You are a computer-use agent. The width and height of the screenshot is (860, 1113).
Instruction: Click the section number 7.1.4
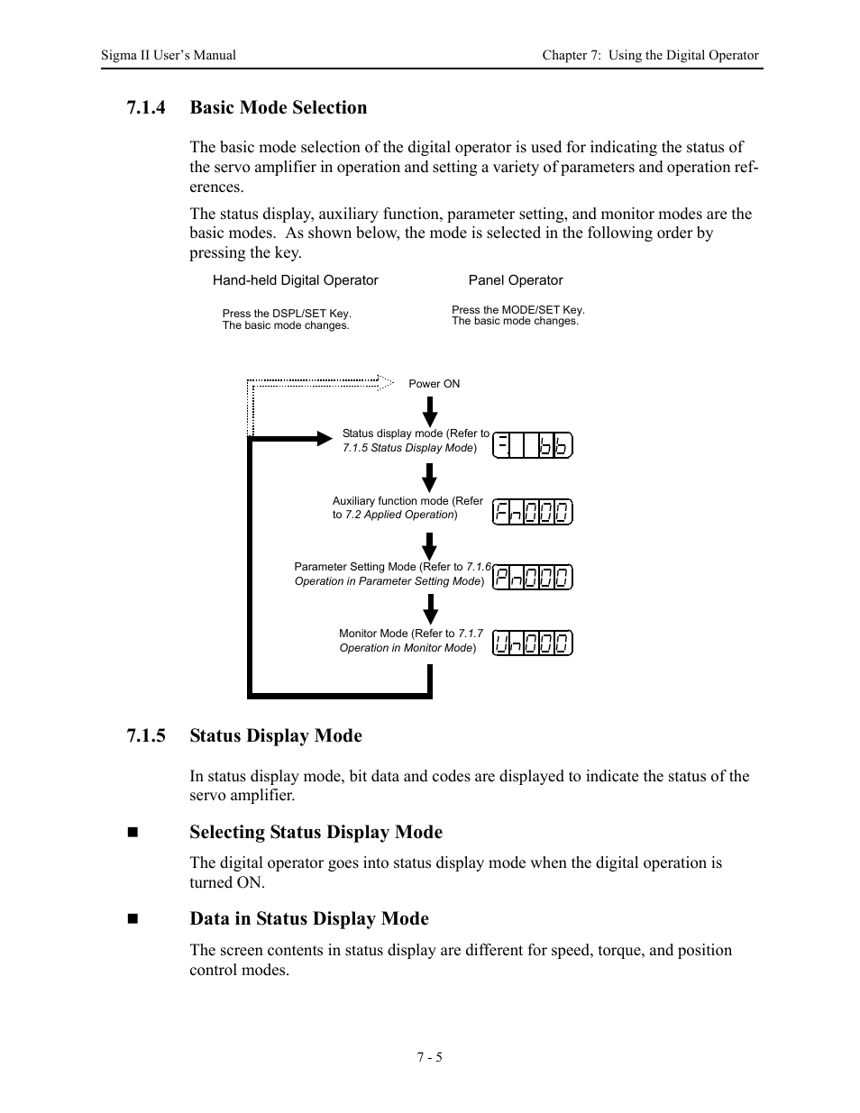coord(146,108)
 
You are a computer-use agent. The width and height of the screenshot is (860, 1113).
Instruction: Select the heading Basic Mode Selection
coord(278,108)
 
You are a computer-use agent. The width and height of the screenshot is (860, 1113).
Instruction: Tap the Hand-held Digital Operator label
coord(295,280)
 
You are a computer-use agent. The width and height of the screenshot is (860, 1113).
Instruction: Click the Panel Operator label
coord(515,280)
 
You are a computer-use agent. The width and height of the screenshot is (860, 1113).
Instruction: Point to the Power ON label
coord(434,384)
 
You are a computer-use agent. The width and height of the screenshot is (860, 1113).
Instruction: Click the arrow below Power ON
coord(430,411)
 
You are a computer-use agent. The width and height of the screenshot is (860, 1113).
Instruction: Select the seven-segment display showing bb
coord(533,445)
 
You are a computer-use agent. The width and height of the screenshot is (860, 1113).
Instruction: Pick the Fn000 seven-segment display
coord(533,513)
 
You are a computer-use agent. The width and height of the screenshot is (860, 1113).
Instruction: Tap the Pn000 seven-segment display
coord(533,578)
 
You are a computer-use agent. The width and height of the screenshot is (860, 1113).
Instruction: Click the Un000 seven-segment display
coord(533,643)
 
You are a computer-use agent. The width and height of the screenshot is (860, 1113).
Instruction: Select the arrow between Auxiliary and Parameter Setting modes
coord(430,546)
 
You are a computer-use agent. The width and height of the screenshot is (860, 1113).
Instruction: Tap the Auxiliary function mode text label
coord(407,507)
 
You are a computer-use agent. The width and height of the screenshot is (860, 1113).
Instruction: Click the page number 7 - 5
coord(429,1057)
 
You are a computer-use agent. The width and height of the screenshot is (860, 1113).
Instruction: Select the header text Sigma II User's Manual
coord(169,55)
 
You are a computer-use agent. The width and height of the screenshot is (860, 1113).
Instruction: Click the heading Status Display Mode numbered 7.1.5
coord(275,736)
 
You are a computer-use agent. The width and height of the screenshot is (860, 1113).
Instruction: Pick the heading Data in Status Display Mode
coord(308,919)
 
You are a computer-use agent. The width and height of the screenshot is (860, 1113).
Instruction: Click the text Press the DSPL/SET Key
coord(287,314)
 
